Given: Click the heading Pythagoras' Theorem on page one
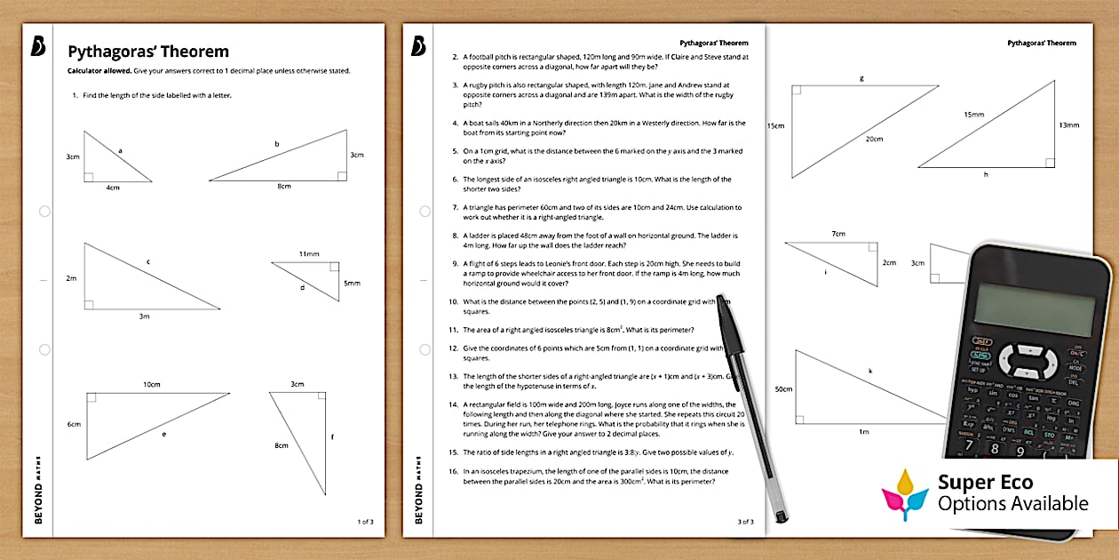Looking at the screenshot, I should pyautogui.click(x=148, y=52).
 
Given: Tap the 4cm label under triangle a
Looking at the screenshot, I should pyautogui.click(x=113, y=188).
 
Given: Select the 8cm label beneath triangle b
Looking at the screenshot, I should pyautogui.click(x=283, y=187).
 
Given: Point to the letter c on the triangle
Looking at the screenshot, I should pyautogui.click(x=147, y=261).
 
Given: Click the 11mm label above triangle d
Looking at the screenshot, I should pyautogui.click(x=308, y=254).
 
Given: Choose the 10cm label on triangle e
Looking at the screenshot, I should pyautogui.click(x=152, y=385).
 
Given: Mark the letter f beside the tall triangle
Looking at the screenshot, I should pyautogui.click(x=331, y=436).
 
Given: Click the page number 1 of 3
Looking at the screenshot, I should pyautogui.click(x=365, y=522).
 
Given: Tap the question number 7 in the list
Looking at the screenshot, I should pyautogui.click(x=455, y=207).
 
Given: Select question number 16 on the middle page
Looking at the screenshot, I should pyautogui.click(x=454, y=471).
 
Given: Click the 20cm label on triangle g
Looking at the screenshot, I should pyautogui.click(x=875, y=139).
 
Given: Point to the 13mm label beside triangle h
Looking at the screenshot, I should pyautogui.click(x=1069, y=125).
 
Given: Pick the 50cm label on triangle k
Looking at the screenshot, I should pyautogui.click(x=782, y=389).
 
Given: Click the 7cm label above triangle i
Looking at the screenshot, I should pyautogui.click(x=837, y=234).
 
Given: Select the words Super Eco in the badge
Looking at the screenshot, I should pyautogui.click(x=986, y=483).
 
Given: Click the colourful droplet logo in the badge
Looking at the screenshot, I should pyautogui.click(x=905, y=493).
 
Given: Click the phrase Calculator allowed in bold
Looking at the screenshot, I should pyautogui.click(x=100, y=71).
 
